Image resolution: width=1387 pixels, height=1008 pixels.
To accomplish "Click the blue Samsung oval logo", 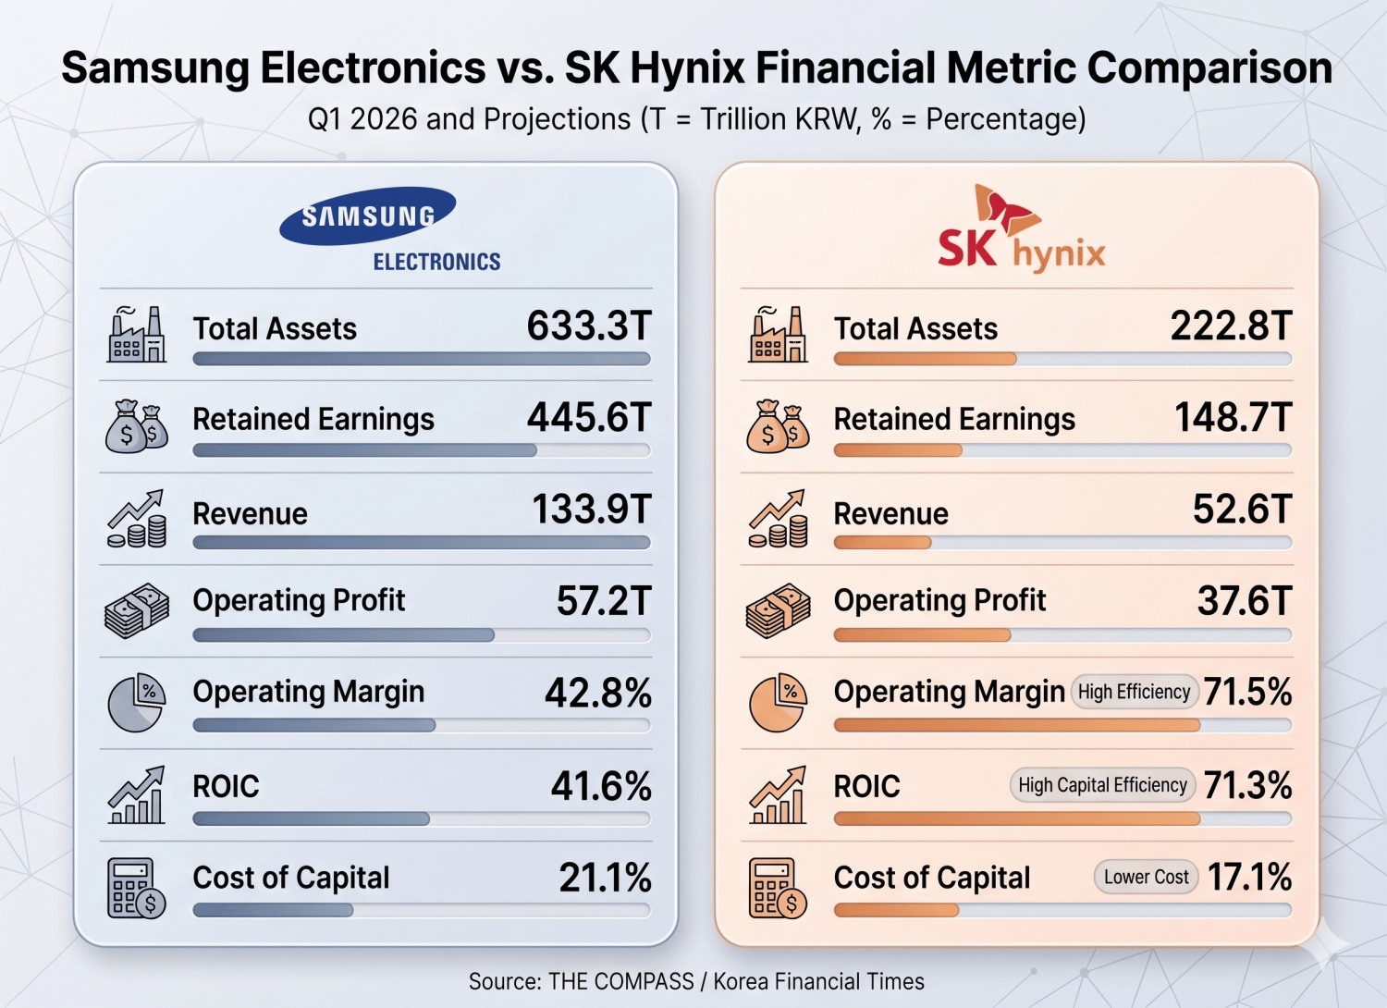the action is (368, 215).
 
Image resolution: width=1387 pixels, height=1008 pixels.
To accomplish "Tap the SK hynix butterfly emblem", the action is (1006, 210).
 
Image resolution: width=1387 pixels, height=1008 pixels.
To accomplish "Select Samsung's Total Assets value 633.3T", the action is (589, 326).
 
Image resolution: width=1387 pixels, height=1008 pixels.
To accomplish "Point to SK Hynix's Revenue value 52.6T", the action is (1242, 509).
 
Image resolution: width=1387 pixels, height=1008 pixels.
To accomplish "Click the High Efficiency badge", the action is (1134, 692).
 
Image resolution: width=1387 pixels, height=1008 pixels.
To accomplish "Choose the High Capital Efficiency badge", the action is (1102, 785).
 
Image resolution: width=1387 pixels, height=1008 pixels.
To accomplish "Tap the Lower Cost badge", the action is (1147, 877).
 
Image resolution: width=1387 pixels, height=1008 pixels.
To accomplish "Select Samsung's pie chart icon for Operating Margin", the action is (137, 702).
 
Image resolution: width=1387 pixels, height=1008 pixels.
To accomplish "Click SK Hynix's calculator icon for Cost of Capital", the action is (778, 887).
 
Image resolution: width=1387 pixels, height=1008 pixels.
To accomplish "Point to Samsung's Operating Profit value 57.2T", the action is (604, 600).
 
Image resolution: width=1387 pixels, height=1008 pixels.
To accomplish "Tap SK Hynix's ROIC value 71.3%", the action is (1247, 785).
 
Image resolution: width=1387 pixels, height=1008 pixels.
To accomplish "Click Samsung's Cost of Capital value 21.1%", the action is (605, 878).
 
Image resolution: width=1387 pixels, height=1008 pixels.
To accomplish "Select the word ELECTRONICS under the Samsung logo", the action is (436, 262).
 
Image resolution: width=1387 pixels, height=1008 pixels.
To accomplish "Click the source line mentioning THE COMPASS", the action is (696, 981).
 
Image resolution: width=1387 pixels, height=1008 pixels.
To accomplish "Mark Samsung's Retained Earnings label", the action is (313, 419).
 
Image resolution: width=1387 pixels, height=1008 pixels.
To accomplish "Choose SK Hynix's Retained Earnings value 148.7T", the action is (1234, 417).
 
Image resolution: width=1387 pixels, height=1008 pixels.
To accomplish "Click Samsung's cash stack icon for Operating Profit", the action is (137, 609).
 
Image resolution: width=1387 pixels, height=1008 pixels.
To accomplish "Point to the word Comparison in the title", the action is (1209, 68).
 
